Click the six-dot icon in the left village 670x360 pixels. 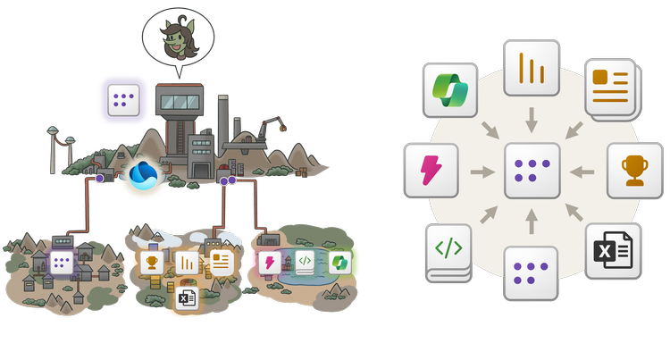click(61, 263)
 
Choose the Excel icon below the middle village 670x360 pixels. click(187, 297)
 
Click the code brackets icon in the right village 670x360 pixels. click(305, 263)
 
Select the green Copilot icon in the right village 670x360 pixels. click(339, 263)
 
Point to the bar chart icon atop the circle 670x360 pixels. click(532, 67)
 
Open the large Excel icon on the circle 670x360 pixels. click(612, 251)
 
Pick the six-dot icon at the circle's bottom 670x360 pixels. click(532, 272)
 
